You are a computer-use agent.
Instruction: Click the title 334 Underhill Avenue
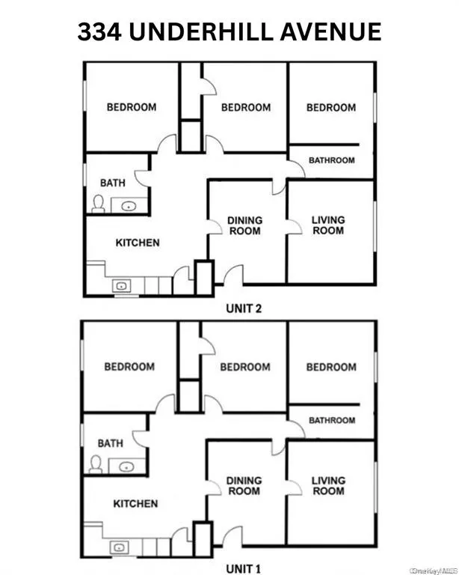coord(229,31)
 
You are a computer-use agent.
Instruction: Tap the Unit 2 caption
coord(244,308)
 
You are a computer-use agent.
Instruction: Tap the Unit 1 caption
coord(244,568)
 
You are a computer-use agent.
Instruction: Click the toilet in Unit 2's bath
coord(98,204)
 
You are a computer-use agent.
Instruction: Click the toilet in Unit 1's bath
coord(96,464)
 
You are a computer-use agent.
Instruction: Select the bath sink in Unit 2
coord(129,204)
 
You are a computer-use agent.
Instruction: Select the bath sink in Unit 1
coord(126,466)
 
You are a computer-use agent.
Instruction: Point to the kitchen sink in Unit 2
coord(120,285)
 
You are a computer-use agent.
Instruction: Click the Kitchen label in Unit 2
coord(137,243)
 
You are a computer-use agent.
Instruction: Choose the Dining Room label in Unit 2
coord(245,225)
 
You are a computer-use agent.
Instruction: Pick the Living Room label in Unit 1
coord(329,485)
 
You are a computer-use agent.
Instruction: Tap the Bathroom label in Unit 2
coord(332,160)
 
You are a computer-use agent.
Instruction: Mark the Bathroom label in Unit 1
coord(332,421)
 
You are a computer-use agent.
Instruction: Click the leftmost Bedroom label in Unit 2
coord(132,107)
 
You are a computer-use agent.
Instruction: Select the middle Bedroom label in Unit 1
coord(245,367)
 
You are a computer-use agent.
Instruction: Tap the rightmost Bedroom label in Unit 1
coord(331,367)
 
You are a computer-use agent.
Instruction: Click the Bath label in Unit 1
coord(110,443)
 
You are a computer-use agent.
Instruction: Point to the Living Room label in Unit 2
coord(328,225)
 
